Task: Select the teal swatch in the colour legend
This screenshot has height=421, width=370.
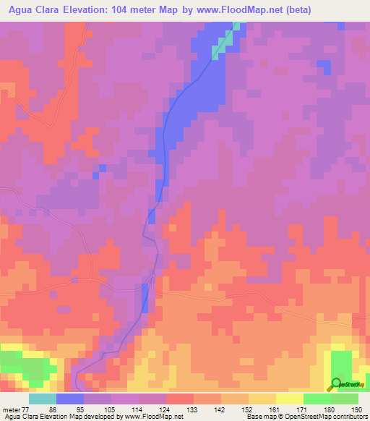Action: (x=43, y=399)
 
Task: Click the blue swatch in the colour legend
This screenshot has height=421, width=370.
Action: (x=70, y=399)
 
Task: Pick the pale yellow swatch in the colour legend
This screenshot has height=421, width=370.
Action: (x=289, y=399)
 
